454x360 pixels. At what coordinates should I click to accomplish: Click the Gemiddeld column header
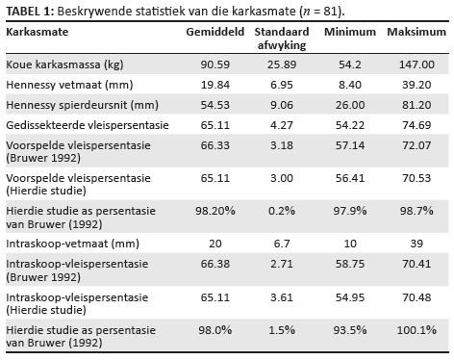[215, 32]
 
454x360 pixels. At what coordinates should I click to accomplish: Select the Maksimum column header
[416, 32]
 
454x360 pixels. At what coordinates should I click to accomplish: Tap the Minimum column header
[350, 32]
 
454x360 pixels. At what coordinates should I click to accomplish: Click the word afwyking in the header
[282, 45]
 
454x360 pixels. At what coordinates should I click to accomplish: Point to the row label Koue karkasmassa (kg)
[64, 64]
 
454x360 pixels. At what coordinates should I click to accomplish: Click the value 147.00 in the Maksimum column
[416, 64]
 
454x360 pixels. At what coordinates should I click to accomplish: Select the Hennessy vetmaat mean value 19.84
[215, 85]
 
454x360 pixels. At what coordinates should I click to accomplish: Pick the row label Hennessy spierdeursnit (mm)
[82, 105]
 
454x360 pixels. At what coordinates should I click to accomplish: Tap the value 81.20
[416, 105]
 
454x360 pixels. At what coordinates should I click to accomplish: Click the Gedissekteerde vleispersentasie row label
[88, 125]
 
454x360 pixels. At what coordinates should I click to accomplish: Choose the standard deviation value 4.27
[282, 125]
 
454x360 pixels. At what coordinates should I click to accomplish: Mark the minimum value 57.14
[350, 145]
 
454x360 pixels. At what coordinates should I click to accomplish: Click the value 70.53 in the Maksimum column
[416, 178]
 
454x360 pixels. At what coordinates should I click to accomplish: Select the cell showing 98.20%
[215, 211]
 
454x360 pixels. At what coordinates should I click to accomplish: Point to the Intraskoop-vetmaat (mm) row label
[72, 244]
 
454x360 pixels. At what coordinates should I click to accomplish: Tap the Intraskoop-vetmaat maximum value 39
[416, 244]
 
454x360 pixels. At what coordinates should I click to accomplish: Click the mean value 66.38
[215, 264]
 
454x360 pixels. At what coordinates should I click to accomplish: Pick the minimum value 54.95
[350, 297]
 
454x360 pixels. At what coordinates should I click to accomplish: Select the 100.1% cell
[416, 330]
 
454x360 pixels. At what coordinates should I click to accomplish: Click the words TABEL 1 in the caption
[28, 12]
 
